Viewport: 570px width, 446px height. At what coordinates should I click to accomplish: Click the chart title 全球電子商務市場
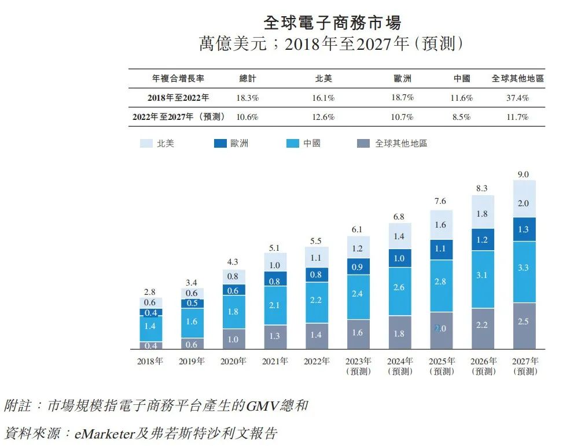pyautogui.click(x=332, y=23)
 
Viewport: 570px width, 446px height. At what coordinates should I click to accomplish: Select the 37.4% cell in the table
pyautogui.click(x=517, y=98)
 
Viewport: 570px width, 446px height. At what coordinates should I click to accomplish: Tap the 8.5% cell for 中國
pyautogui.click(x=461, y=117)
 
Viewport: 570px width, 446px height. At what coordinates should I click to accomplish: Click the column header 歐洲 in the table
pyautogui.click(x=402, y=79)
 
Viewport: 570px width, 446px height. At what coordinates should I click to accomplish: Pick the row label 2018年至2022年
pyautogui.click(x=178, y=98)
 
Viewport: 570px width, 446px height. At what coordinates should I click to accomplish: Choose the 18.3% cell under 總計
pyautogui.click(x=247, y=98)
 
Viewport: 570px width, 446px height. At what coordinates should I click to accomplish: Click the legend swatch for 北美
pyautogui.click(x=146, y=143)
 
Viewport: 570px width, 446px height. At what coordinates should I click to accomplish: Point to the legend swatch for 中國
pyautogui.click(x=293, y=143)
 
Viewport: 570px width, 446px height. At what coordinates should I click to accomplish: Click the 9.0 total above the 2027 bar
pyautogui.click(x=523, y=174)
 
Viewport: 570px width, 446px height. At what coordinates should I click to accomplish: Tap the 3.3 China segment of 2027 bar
pyautogui.click(x=523, y=268)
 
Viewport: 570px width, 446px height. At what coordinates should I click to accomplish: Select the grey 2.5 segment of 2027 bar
pyautogui.click(x=523, y=321)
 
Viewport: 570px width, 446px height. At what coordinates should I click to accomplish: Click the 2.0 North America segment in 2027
pyautogui.click(x=523, y=203)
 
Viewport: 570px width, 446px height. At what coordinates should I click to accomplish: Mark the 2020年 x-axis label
pyautogui.click(x=233, y=361)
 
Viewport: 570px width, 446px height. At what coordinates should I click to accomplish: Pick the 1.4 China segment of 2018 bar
pyautogui.click(x=150, y=326)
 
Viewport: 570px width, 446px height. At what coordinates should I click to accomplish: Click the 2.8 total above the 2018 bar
pyautogui.click(x=150, y=292)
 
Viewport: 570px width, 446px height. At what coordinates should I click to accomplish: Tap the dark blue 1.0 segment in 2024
pyautogui.click(x=399, y=258)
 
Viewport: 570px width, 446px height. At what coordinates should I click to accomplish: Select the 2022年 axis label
pyautogui.click(x=316, y=361)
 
